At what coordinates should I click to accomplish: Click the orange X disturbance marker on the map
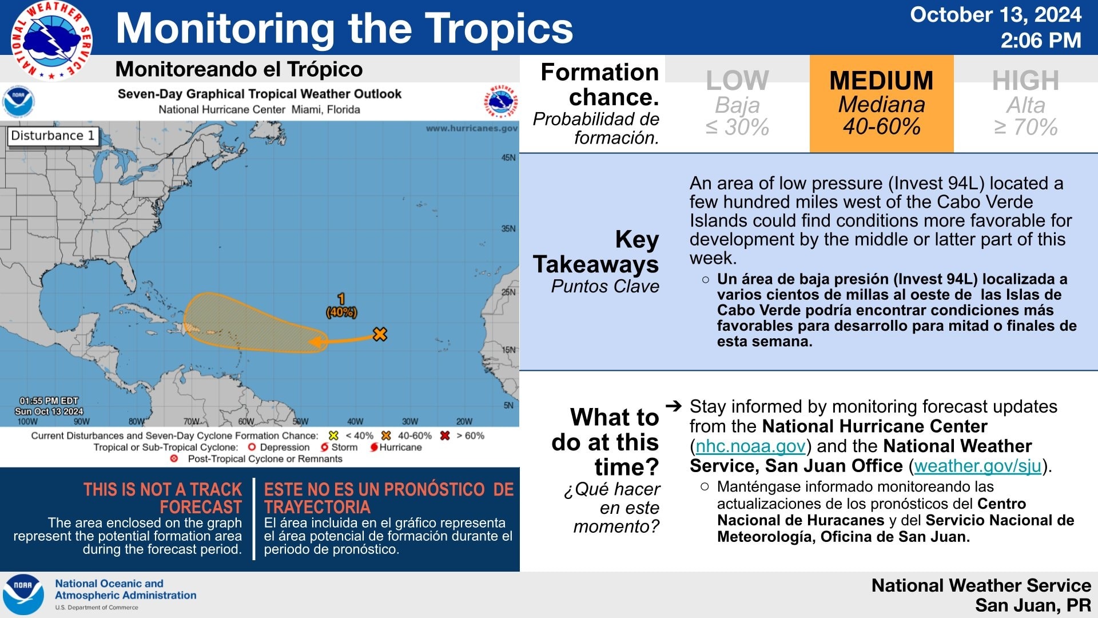(380, 334)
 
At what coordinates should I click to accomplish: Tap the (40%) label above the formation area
(341, 312)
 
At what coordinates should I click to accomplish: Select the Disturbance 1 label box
(53, 136)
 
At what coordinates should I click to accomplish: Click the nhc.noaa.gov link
(750, 446)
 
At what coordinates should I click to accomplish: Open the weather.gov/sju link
(978, 466)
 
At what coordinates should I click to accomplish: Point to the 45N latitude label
(508, 157)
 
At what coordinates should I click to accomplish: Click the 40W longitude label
(355, 422)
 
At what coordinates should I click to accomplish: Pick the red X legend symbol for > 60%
(445, 435)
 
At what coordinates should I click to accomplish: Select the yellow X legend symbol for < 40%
(334, 435)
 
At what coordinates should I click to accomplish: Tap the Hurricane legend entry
(396, 447)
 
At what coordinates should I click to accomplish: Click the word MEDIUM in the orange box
(881, 81)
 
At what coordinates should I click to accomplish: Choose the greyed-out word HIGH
(1025, 81)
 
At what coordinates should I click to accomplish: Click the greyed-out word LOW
(737, 81)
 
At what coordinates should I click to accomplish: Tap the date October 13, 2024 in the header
(996, 15)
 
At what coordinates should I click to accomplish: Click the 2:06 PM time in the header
(1041, 41)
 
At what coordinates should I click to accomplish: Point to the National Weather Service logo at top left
(51, 40)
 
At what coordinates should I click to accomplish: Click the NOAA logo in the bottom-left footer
(23, 595)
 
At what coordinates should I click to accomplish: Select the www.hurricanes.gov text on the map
(472, 128)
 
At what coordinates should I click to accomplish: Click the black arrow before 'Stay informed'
(674, 406)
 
